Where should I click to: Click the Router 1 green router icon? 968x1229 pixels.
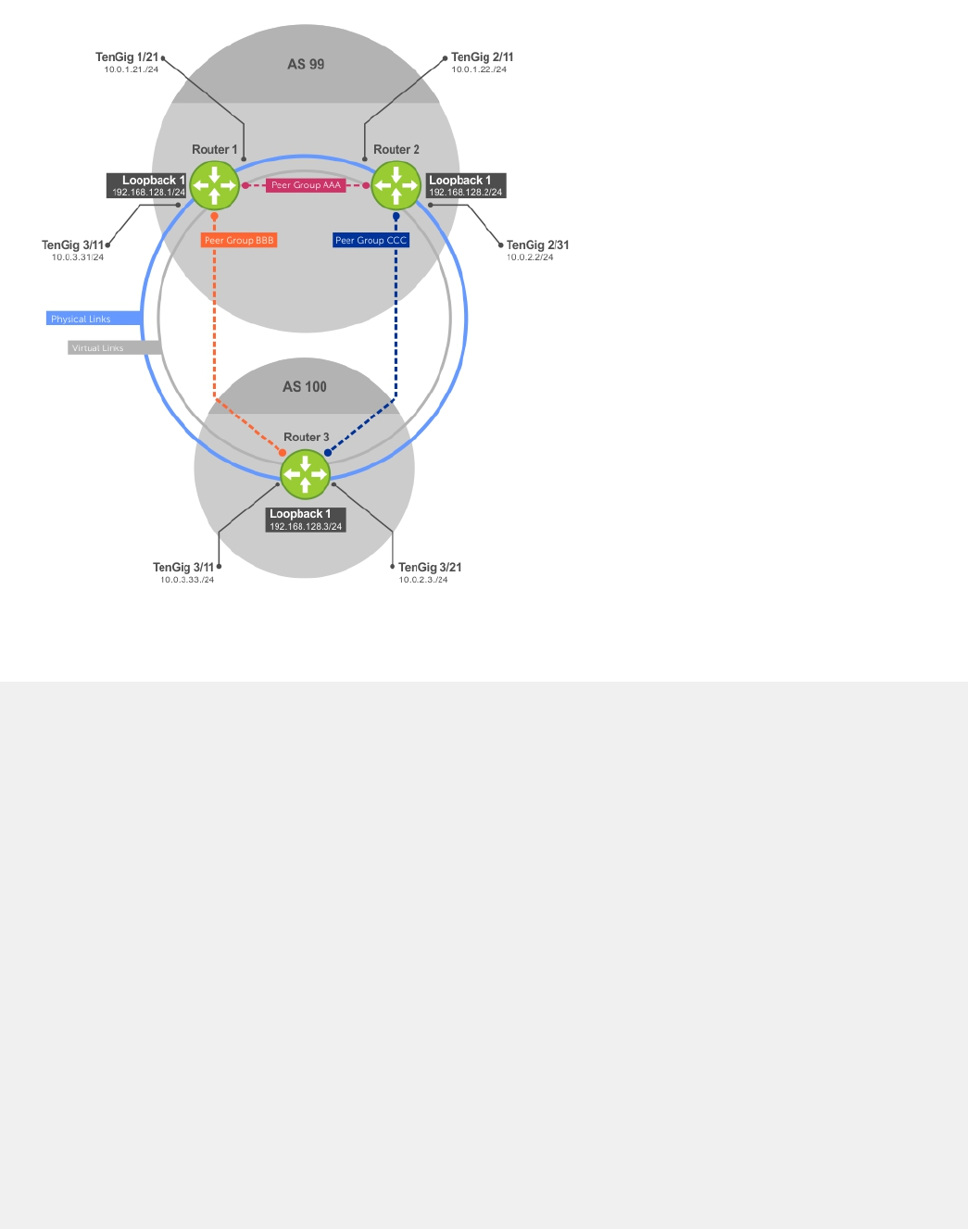[x=215, y=185]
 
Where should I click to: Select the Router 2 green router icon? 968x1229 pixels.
[x=396, y=185]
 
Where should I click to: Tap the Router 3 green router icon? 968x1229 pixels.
[x=305, y=474]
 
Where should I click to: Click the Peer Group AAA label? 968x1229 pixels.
[x=306, y=185]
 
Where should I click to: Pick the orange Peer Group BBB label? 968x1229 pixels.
[x=239, y=240]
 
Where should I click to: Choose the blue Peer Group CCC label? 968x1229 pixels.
[x=371, y=240]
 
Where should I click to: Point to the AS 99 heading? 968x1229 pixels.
[x=306, y=64]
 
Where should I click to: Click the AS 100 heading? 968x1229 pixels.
[x=305, y=387]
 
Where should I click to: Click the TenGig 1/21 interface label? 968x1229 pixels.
[x=127, y=57]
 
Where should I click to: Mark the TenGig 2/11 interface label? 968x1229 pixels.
[x=482, y=57]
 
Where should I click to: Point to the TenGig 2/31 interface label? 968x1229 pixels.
[x=537, y=245]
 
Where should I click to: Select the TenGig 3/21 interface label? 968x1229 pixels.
[x=430, y=568]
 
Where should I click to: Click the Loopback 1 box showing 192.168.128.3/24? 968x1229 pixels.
[x=306, y=520]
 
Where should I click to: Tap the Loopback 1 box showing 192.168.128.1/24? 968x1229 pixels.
[x=147, y=185]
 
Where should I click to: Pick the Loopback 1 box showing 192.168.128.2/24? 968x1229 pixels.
[x=466, y=185]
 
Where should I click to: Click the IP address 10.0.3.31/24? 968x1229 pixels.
[x=78, y=257]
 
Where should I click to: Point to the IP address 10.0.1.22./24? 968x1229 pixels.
[x=479, y=69]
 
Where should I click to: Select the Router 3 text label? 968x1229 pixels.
[x=306, y=437]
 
